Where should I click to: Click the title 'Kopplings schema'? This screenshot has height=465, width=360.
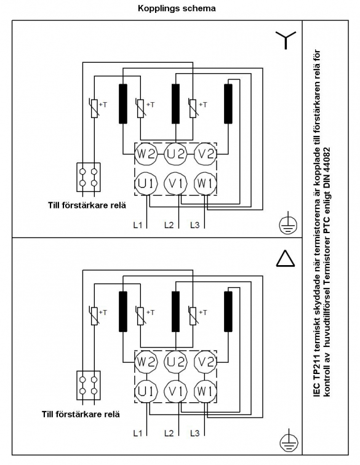pos(177,9)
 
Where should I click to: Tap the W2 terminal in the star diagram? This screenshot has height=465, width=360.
pos(146,154)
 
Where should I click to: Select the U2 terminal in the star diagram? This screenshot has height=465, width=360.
pos(176,154)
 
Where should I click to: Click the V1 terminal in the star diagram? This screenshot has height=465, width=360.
pos(176,184)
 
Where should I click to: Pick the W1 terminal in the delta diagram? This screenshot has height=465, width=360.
pos(205,391)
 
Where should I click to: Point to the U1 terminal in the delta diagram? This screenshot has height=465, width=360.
pos(146,391)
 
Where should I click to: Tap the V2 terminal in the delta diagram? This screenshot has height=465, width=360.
pos(206,362)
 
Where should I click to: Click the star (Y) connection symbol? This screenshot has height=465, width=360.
pos(286,40)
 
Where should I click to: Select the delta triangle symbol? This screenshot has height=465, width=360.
pos(286,258)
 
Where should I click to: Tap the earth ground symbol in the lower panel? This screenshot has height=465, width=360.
pos(288,442)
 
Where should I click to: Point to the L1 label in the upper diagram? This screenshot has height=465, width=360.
pos(138,225)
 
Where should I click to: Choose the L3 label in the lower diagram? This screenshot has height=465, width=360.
pos(194,433)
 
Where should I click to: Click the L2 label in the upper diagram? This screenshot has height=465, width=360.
pos(169,225)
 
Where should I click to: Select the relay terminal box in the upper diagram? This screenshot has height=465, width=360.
pos(89,177)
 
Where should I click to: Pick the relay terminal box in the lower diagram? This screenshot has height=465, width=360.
pos(89,385)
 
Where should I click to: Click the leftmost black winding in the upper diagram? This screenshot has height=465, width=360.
pos(123,103)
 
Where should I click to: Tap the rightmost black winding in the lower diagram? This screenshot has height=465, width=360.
pos(228,311)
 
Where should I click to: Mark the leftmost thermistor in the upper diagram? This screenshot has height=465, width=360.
pos(94,108)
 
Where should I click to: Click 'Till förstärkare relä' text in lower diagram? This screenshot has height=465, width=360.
pos(81,414)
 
